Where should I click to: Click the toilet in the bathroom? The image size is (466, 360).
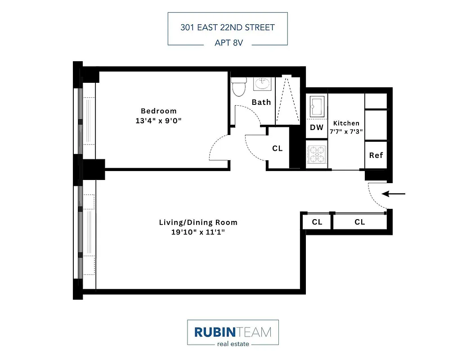pyautogui.click(x=239, y=86)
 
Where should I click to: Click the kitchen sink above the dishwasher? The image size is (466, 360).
pyautogui.click(x=317, y=107)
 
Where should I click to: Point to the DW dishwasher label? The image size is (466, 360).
pyautogui.click(x=317, y=127)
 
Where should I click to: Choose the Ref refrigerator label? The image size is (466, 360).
pyautogui.click(x=376, y=155)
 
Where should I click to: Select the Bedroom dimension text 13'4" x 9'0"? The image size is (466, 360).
pyautogui.click(x=158, y=121)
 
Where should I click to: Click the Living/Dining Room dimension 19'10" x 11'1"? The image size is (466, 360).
pyautogui.click(x=198, y=232)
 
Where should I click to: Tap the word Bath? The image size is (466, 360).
pyautogui.click(x=261, y=102)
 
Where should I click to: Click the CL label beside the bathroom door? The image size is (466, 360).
pyautogui.click(x=278, y=148)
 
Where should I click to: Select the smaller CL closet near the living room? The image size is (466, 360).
pyautogui.click(x=317, y=222)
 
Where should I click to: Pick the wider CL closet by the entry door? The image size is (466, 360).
pyautogui.click(x=359, y=222)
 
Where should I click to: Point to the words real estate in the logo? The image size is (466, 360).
pyautogui.click(x=233, y=344)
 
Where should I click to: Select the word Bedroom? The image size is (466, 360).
pyautogui.click(x=159, y=111)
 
